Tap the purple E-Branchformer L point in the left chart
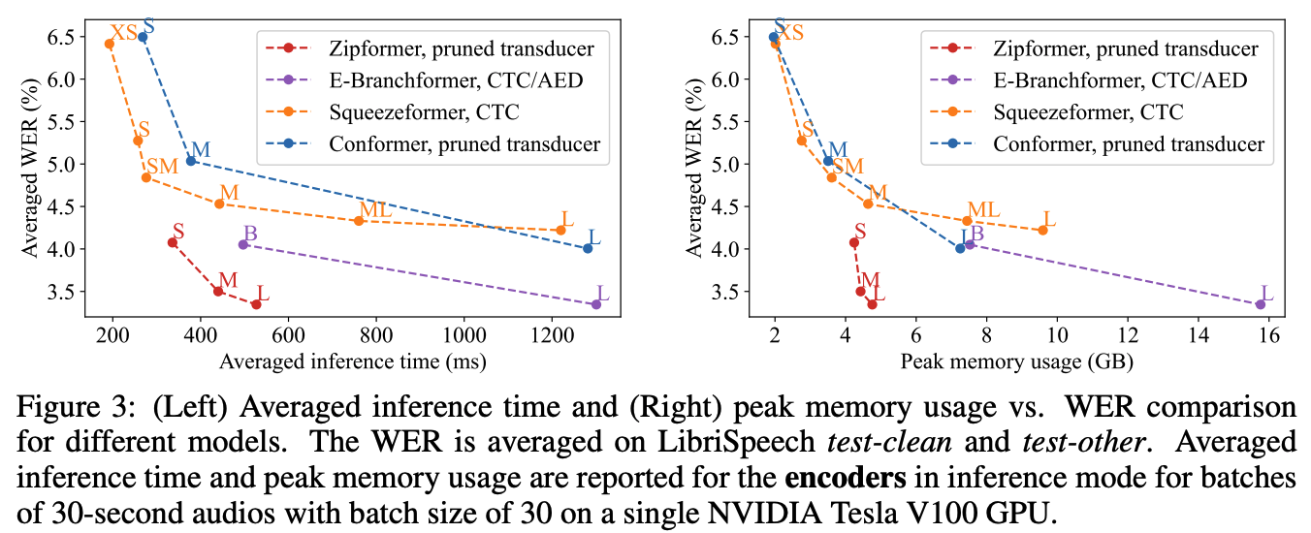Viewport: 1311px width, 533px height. pyautogui.click(x=595, y=304)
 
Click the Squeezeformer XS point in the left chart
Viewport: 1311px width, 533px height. pyautogui.click(x=110, y=44)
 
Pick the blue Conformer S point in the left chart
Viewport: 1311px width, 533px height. pyautogui.click(x=143, y=37)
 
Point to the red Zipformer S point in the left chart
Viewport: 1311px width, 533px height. pyautogui.click(x=173, y=242)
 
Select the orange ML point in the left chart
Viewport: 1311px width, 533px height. pyautogui.click(x=359, y=221)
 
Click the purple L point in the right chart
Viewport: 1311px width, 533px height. pyautogui.click(x=1260, y=304)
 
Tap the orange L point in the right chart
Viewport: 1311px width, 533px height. pyautogui.click(x=1042, y=230)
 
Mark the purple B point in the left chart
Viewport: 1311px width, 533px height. pyautogui.click(x=243, y=244)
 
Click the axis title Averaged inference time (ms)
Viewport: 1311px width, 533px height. pyautogui.click(x=353, y=361)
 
